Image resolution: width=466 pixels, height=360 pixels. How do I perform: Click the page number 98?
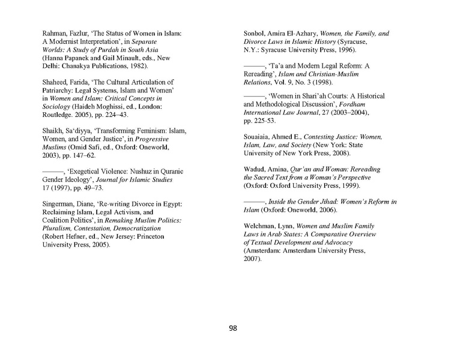coord(232,328)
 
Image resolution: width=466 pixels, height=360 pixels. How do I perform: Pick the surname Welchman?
coord(262,226)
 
